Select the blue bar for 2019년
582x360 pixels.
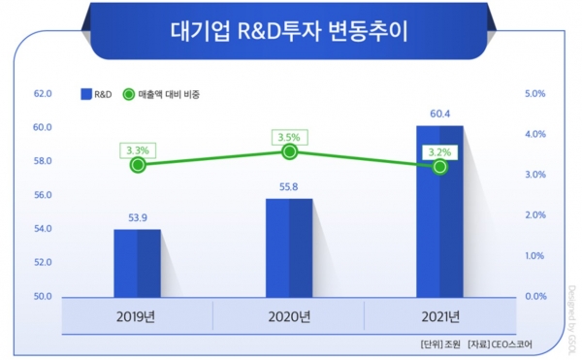pyautogui.click(x=137, y=263)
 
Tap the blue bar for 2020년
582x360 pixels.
pyautogui.click(x=288, y=247)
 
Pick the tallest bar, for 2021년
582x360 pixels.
pyautogui.click(x=439, y=212)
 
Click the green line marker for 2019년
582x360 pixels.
pyautogui.click(x=138, y=164)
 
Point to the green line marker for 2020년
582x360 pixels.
pyautogui.click(x=289, y=152)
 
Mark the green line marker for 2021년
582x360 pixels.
pyautogui.click(x=440, y=167)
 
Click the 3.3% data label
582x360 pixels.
pyautogui.click(x=138, y=149)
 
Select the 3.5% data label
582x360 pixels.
pyautogui.click(x=289, y=137)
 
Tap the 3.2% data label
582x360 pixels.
pyautogui.click(x=440, y=151)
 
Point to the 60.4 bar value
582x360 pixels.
pyautogui.click(x=439, y=114)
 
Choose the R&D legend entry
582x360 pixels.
pyautogui.click(x=96, y=94)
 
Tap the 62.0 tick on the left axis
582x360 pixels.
pyautogui.click(x=42, y=94)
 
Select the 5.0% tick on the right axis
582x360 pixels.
pyautogui.click(x=535, y=94)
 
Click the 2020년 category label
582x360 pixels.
pyautogui.click(x=288, y=315)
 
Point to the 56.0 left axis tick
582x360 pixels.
pyautogui.click(x=42, y=195)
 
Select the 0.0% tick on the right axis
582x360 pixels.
pyautogui.click(x=535, y=296)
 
